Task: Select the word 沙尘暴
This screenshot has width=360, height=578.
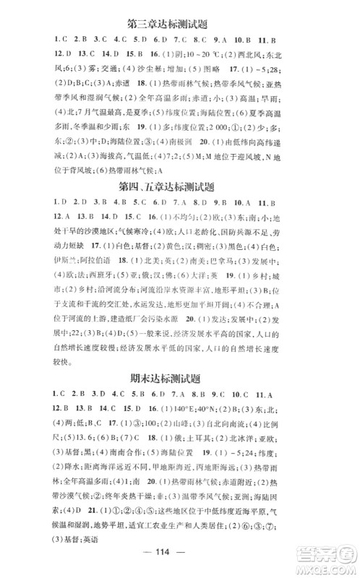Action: pyautogui.click(x=129, y=69)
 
